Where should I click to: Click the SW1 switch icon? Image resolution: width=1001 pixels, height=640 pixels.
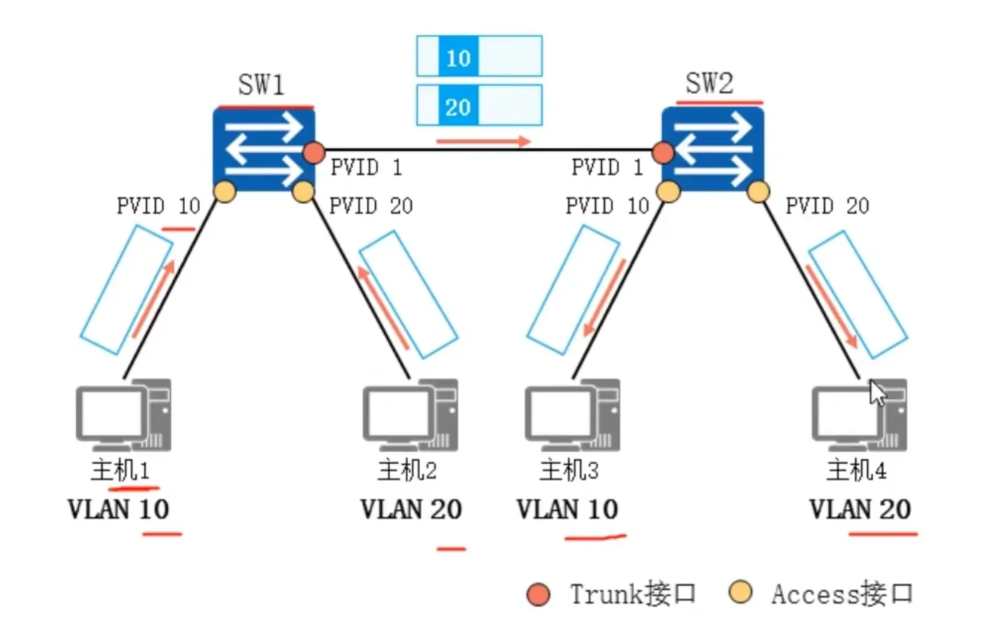(264, 149)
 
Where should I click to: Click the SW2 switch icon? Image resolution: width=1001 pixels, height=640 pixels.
(713, 149)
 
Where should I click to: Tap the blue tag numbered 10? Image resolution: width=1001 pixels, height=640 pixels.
(459, 56)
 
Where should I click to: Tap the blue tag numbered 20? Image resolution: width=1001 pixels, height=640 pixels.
(458, 106)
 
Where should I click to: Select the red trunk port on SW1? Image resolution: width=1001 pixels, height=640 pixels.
(314, 153)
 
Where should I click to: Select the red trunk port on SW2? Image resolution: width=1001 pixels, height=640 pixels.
(663, 153)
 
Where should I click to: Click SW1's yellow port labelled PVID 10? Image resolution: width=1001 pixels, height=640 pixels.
(224, 192)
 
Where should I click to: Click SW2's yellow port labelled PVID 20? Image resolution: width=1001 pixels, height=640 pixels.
(758, 192)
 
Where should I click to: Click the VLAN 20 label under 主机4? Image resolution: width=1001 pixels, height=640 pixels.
(860, 509)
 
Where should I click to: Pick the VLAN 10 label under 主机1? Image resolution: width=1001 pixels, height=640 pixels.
(118, 509)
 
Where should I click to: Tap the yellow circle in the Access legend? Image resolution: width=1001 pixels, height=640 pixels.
(740, 593)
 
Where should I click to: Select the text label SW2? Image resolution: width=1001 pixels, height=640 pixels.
(709, 85)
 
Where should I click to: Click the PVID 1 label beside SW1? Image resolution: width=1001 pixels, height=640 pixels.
(366, 167)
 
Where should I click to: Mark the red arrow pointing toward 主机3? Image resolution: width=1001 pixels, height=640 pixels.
(603, 297)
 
